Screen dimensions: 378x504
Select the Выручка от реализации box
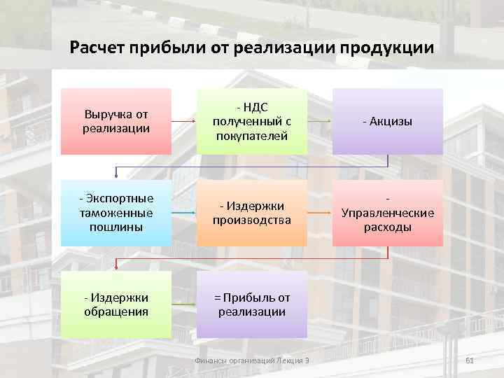coord(116,121)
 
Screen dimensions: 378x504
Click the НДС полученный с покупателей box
coord(251,121)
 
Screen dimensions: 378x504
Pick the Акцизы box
coord(387,121)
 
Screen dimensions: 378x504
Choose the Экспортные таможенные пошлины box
coord(116,213)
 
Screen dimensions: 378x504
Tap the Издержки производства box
coord(251,213)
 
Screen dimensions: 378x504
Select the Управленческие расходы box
coord(387,213)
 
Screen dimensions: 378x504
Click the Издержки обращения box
coord(116,304)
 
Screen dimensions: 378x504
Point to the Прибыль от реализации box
coord(251,304)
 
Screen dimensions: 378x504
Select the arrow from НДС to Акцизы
coord(319,122)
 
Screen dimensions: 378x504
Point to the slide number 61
coord(470,360)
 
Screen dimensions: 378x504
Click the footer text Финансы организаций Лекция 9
coord(251,360)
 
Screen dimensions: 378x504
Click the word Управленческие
coord(387,213)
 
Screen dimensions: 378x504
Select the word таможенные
coord(116,213)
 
